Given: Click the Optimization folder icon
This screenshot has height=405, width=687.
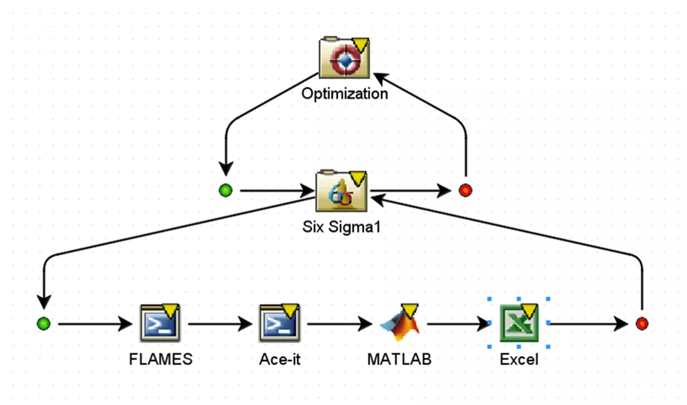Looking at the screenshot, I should coord(344,59).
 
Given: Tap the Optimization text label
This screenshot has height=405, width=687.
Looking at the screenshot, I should coord(344,93).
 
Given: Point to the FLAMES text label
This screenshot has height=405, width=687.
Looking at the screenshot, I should coord(161,359).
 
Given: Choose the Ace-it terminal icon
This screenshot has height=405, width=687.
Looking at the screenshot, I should coord(280,322).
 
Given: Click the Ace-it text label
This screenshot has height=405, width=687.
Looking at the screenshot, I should coord(280,359).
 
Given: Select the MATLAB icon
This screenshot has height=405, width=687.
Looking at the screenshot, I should coord(399,322).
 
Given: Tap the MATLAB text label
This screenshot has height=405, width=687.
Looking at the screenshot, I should coord(399,359).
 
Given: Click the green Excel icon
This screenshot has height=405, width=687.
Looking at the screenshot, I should coord(518,323).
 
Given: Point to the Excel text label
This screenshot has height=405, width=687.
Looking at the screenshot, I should coord(519,359).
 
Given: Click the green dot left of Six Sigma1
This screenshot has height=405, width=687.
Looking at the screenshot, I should coord(226,191).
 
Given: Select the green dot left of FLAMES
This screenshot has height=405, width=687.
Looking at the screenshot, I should coord(43,323).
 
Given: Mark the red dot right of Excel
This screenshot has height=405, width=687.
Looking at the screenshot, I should coord(641,323).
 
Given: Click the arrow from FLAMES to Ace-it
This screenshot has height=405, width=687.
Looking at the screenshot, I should coord(220,323).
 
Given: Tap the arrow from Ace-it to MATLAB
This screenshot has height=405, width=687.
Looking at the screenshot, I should coord(340,323).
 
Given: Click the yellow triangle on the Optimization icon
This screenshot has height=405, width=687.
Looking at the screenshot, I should coord(361,45).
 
